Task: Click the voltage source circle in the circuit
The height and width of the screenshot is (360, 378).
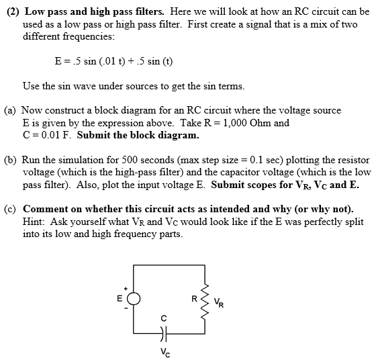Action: pos(134,300)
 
